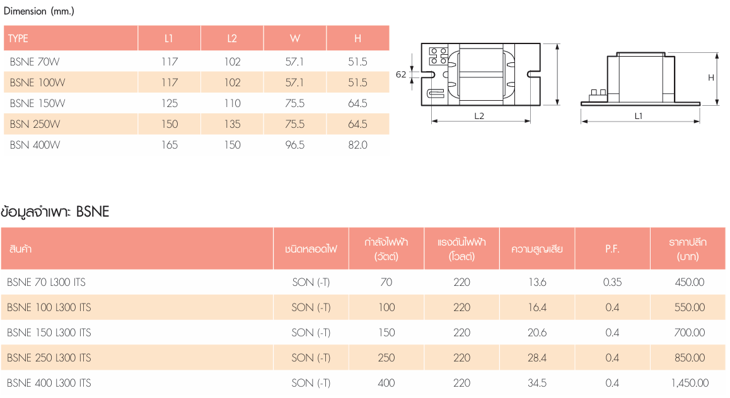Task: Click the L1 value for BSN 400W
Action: (170, 145)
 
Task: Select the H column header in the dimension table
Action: (357, 38)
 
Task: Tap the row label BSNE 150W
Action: (38, 103)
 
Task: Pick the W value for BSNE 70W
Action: (294, 62)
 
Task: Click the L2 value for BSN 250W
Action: (233, 124)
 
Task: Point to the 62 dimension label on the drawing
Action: (401, 74)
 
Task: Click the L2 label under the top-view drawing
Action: (479, 117)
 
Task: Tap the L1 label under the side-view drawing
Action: (639, 117)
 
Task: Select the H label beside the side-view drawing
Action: (711, 77)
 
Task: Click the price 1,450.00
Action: (690, 383)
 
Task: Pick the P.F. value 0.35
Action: (612, 282)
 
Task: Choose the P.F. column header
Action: (612, 249)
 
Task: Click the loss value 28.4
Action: (537, 358)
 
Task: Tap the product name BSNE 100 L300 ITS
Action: (49, 307)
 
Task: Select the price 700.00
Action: (690, 333)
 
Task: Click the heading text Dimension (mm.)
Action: (39, 11)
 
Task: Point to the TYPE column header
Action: (18, 38)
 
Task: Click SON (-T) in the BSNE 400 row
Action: (311, 383)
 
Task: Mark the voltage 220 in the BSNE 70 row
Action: (462, 282)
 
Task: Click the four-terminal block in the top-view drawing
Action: (438, 55)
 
